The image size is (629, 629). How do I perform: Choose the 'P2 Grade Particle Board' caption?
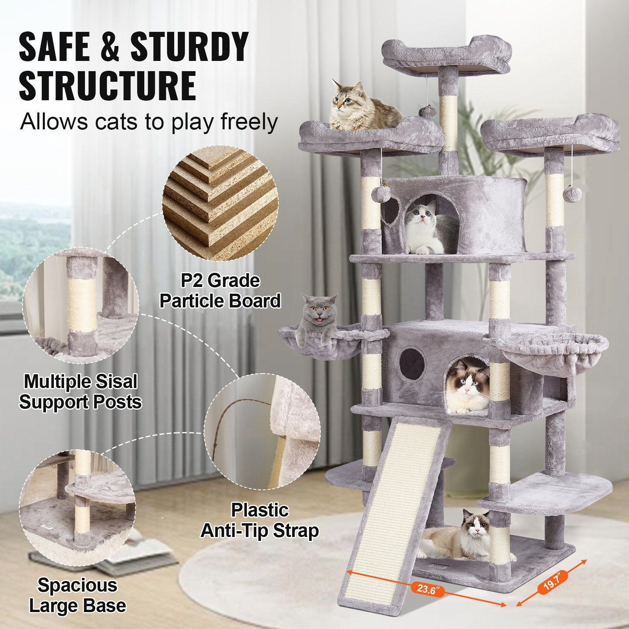tap(220, 291)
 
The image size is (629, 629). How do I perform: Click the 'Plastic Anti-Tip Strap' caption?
tap(259, 520)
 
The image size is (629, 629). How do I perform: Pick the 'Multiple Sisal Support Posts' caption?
tap(81, 392)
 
